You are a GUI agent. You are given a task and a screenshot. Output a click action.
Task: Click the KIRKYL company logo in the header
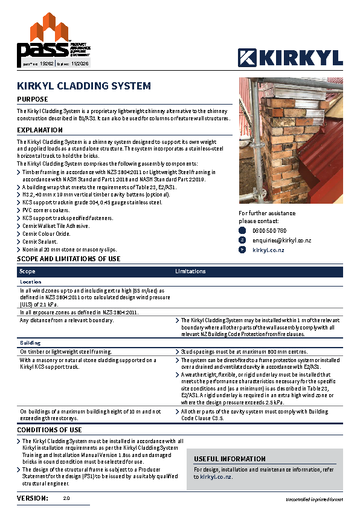(291, 57)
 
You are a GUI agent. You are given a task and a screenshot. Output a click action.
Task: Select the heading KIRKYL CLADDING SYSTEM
(84, 86)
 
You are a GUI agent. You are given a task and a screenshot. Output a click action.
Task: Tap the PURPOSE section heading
(33, 99)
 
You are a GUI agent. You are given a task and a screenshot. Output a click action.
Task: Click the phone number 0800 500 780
(269, 231)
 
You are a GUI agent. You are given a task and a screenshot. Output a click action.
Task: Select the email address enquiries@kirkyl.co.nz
(283, 241)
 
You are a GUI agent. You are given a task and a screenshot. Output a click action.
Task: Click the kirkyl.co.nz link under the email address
(269, 250)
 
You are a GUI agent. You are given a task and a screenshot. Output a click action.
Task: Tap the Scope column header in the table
(28, 272)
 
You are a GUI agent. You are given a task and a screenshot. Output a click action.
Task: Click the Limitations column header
(190, 272)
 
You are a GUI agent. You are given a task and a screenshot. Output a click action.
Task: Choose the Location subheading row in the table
(31, 282)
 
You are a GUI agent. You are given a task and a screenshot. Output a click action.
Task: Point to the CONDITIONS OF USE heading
(50, 430)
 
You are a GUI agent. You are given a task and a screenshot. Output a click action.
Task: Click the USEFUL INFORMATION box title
(230, 459)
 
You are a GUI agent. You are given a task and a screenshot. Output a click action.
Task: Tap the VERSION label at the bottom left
(33, 498)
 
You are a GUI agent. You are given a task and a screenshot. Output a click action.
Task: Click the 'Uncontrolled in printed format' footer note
(314, 500)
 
